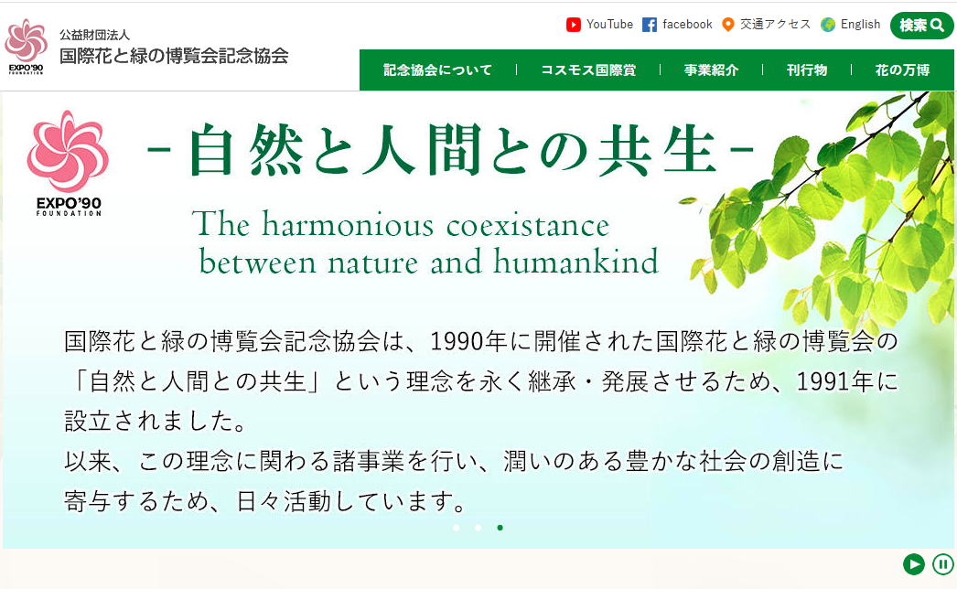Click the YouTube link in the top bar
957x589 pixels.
click(600, 25)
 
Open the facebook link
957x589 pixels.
click(677, 25)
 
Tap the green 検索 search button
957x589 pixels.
click(921, 25)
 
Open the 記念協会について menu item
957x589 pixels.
click(437, 70)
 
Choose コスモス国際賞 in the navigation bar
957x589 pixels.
click(588, 70)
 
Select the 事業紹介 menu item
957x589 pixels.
click(711, 70)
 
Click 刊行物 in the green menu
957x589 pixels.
click(807, 70)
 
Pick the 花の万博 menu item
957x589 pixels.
click(902, 70)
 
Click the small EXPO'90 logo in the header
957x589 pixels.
click(26, 46)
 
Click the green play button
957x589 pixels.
click(914, 564)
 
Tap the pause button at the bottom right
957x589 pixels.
click(943, 564)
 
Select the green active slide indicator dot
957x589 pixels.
click(500, 528)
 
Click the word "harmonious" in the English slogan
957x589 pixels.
click(348, 225)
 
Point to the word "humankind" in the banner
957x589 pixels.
click(576, 262)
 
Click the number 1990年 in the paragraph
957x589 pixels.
click(469, 341)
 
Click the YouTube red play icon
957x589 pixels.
click(573, 25)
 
